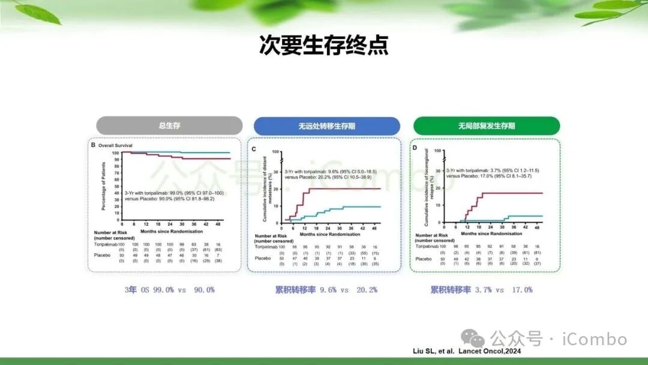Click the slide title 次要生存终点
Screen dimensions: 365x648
[323, 46]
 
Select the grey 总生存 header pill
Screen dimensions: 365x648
[169, 125]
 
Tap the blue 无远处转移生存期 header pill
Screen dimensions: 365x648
[326, 126]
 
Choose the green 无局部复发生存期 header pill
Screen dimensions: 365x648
[486, 126]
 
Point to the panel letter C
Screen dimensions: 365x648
[254, 148]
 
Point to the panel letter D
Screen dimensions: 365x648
[414, 147]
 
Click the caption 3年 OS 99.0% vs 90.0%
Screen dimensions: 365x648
[169, 289]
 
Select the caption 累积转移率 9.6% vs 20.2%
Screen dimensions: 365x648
[326, 289]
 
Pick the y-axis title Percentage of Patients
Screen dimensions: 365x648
[103, 186]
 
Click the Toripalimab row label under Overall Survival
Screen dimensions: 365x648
[106, 245]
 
